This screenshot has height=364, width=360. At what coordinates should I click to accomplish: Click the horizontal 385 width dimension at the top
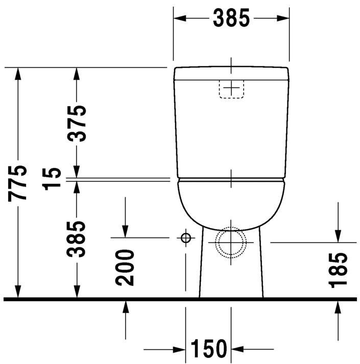click(x=231, y=18)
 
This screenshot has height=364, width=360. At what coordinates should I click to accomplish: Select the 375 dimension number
click(x=78, y=124)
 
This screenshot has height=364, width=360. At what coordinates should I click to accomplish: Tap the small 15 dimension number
click(x=54, y=178)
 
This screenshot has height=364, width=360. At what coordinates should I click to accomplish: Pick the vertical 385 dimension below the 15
click(x=78, y=238)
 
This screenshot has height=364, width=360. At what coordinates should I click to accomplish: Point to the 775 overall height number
click(x=18, y=183)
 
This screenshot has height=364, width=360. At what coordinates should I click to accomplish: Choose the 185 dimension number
click(x=338, y=270)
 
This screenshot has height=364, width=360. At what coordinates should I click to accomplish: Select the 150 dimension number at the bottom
click(x=208, y=350)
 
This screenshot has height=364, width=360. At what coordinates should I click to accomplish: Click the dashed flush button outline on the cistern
click(x=231, y=89)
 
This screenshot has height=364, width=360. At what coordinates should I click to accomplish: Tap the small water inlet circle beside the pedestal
click(x=185, y=238)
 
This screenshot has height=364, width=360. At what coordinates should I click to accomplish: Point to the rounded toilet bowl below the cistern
click(x=231, y=202)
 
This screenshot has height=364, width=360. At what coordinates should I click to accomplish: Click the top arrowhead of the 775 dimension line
click(x=18, y=75)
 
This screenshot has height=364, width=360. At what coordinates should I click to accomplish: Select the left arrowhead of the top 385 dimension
click(x=180, y=18)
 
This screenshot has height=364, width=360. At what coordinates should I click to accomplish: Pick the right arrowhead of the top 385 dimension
click(x=284, y=18)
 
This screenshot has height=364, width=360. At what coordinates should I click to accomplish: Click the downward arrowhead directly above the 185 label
click(x=338, y=235)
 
